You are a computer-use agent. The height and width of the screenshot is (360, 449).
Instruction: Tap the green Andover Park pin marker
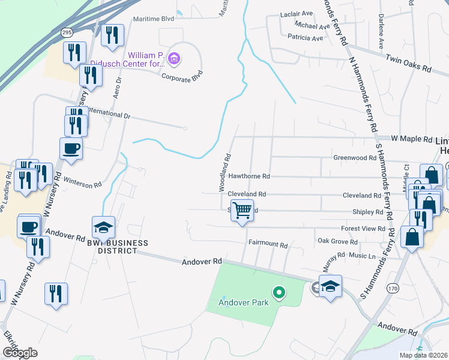click(x=279, y=293)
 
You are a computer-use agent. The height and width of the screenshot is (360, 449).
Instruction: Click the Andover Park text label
click(x=243, y=302)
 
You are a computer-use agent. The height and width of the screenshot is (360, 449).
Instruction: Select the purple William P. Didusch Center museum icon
click(x=174, y=59)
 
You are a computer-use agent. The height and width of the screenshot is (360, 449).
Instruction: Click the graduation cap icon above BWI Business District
click(x=103, y=228)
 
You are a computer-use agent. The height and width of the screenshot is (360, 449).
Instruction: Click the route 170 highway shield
click(x=393, y=288)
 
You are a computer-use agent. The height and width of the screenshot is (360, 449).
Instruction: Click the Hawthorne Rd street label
click(x=250, y=176)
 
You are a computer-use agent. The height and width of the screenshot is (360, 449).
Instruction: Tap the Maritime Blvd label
click(x=153, y=19)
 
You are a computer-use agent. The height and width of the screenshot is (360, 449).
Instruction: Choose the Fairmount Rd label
click(x=268, y=245)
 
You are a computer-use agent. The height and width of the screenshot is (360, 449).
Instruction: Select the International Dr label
click(x=108, y=113)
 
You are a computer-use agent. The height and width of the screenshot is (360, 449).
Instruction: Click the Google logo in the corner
click(x=20, y=352)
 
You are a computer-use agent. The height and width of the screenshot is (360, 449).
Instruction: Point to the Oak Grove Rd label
click(x=337, y=242)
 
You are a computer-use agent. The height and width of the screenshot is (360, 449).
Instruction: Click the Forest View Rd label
click(x=363, y=228)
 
